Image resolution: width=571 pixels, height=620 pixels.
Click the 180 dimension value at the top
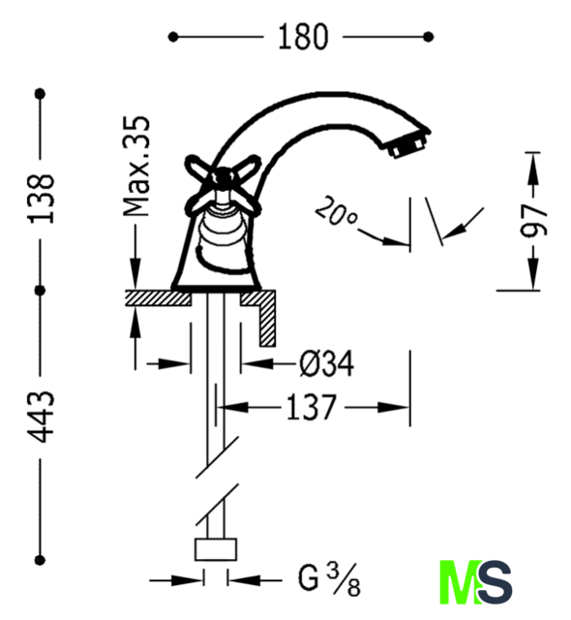303,37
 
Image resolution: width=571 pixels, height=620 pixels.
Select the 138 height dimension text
41,199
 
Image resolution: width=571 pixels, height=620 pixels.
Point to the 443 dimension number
41,417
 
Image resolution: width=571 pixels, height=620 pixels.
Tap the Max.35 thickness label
136,167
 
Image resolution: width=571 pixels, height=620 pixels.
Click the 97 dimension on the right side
534,221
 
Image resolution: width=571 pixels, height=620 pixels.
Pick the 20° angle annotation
336,211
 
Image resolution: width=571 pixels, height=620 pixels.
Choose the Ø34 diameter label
326,363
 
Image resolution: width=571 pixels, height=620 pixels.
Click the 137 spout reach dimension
312,407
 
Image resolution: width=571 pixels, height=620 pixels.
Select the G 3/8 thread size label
329,580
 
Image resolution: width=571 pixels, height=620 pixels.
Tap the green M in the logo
461,581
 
